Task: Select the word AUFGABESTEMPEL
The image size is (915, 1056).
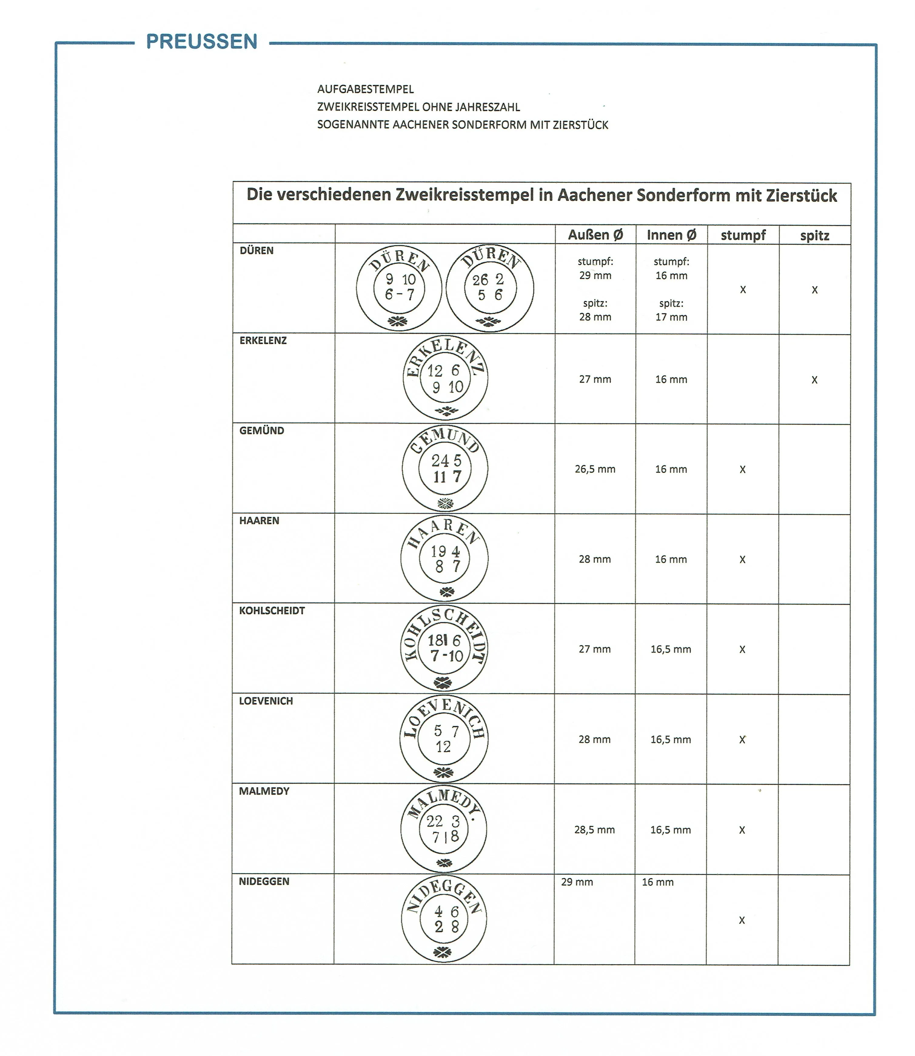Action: pyautogui.click(x=365, y=89)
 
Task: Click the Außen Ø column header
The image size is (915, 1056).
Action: pyautogui.click(x=595, y=235)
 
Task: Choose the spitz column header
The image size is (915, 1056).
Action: pyautogui.click(x=814, y=236)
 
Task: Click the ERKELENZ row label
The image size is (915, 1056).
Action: pyautogui.click(x=263, y=340)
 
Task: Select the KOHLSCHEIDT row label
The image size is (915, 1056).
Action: pyautogui.click(x=272, y=611)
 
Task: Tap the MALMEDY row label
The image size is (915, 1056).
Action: pyautogui.click(x=264, y=791)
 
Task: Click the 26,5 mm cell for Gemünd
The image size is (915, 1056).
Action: pyautogui.click(x=595, y=469)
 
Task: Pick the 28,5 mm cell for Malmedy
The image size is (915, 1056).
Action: pyautogui.click(x=594, y=830)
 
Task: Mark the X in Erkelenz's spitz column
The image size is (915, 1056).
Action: pyautogui.click(x=814, y=380)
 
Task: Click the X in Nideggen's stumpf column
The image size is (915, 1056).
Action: pyautogui.click(x=742, y=920)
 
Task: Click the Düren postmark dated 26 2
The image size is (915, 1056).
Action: pyautogui.click(x=490, y=288)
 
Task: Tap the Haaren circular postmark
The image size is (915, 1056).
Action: pyautogui.click(x=444, y=558)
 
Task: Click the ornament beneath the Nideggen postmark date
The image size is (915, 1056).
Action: pyautogui.click(x=442, y=952)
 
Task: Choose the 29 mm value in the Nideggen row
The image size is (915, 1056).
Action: pyautogui.click(x=577, y=882)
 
